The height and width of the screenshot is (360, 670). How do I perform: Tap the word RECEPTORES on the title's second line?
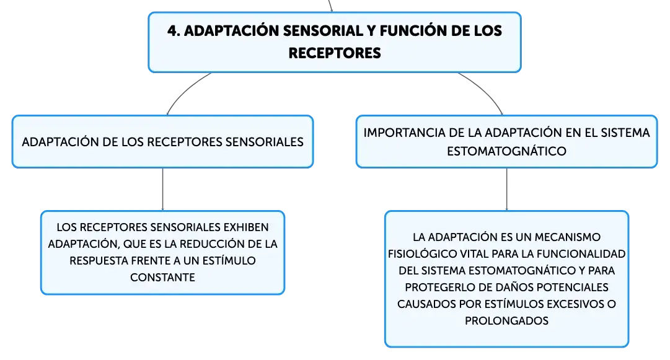click(x=335, y=53)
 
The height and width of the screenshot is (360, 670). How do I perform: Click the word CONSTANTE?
click(x=162, y=278)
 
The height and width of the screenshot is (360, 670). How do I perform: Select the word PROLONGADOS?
click(x=506, y=321)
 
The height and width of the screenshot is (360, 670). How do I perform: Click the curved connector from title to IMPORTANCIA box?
click(x=485, y=89)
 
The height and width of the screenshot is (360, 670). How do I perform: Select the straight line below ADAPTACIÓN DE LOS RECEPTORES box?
click(x=163, y=189)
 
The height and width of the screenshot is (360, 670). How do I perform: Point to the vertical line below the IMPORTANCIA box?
click(x=507, y=189)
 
